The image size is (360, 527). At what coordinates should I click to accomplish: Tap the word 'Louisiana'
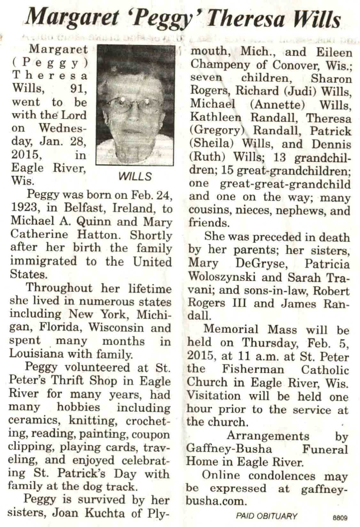(x=35, y=354)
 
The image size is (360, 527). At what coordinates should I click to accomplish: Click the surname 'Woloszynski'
(x=222, y=276)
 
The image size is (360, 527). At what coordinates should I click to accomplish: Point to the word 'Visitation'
(x=213, y=396)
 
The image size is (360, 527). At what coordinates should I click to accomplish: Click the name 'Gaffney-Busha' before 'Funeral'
(x=229, y=449)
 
